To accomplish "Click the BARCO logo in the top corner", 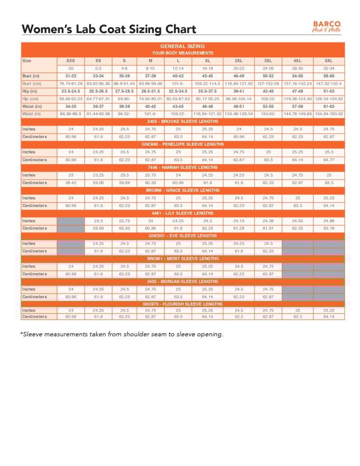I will [327, 26].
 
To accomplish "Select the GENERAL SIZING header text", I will [182, 46].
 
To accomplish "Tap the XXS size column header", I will [71, 61].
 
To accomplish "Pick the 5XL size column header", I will [329, 61].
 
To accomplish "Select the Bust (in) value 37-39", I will [150, 76].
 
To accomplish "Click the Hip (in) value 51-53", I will [329, 91].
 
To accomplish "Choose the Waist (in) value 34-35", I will [71, 106].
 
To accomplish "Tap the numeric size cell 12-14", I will [178, 69].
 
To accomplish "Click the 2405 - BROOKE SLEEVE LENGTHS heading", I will [182, 121].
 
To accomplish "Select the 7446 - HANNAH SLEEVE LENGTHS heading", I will [182, 167].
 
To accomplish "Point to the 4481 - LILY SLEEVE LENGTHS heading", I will [182, 213].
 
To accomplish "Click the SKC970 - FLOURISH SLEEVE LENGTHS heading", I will [182, 304].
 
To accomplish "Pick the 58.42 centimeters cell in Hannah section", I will [71, 183].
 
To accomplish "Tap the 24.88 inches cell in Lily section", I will [329, 221].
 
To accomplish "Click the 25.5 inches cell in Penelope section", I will [329, 152].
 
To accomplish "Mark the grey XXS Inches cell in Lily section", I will [71, 221].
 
